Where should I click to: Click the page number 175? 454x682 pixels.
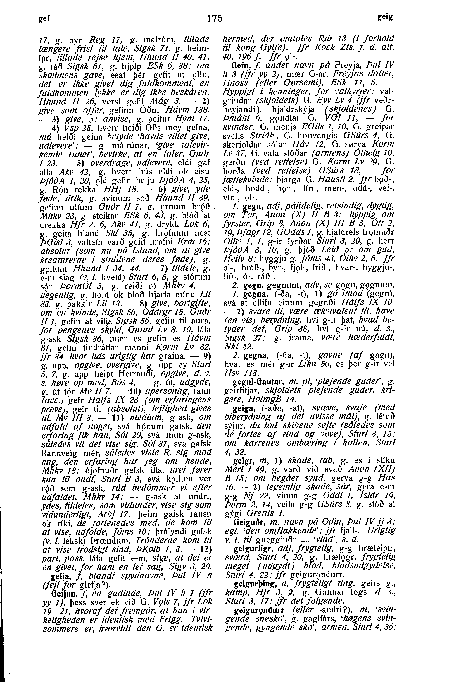click(215, 18)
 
